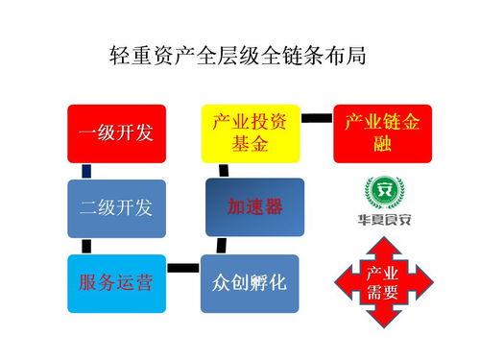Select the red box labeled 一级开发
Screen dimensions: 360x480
(x=116, y=132)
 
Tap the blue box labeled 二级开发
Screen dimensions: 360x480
(x=116, y=207)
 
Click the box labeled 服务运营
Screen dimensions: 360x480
(x=116, y=283)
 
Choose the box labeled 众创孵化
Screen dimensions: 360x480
(x=250, y=283)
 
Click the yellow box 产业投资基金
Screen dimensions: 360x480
(x=250, y=132)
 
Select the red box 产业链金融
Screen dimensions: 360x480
(x=382, y=132)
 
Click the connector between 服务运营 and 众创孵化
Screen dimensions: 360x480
(x=183, y=266)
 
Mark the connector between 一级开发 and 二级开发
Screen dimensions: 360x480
(x=86, y=171)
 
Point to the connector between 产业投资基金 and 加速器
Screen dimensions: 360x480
(x=223, y=170)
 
